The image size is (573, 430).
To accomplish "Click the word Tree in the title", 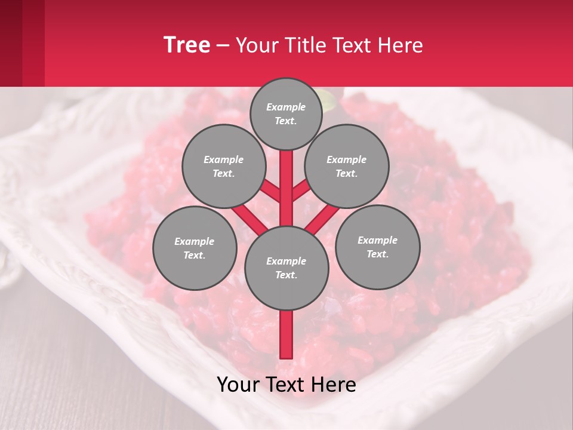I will (x=187, y=45).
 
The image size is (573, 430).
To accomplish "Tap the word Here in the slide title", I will (x=401, y=45).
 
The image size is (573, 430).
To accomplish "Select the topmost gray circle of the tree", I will (x=286, y=113).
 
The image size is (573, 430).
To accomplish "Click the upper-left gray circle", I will (x=223, y=166).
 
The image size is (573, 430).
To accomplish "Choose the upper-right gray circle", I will (x=347, y=166).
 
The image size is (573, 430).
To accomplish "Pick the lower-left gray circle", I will (x=195, y=248).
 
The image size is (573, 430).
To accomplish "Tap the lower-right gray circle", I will (x=378, y=247).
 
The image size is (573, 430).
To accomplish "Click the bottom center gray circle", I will (x=286, y=268).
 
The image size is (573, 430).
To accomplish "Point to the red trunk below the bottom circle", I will (x=286, y=334).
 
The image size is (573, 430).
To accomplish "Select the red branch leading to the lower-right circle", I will (x=322, y=219).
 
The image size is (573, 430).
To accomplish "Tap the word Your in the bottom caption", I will (x=238, y=385).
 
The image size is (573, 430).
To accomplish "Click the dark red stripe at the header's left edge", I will (x=11, y=43).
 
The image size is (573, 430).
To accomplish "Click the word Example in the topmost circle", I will (x=286, y=107).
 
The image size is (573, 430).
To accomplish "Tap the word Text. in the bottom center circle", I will (x=286, y=275).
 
